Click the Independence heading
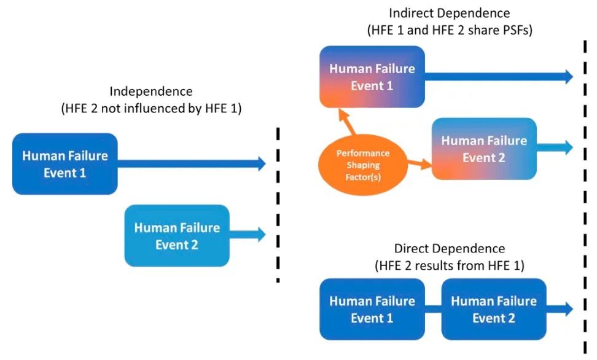pyautogui.click(x=151, y=92)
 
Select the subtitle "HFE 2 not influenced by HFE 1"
pyautogui.click(x=151, y=109)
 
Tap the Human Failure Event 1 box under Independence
pyautogui.click(x=64, y=163)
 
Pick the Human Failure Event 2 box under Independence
pyautogui.click(x=176, y=235)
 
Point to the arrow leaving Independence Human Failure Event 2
pyautogui.click(x=248, y=234)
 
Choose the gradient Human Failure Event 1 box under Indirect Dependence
pyautogui.click(x=372, y=77)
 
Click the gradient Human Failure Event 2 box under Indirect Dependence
pyautogui.click(x=483, y=149)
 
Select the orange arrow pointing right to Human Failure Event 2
pyautogui.click(x=419, y=163)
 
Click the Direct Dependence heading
pyautogui.click(x=450, y=249)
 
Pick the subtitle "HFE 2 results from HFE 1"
pyautogui.click(x=450, y=266)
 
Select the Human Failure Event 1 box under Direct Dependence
pyautogui.click(x=372, y=309)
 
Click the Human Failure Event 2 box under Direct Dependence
pyautogui.click(x=493, y=309)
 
